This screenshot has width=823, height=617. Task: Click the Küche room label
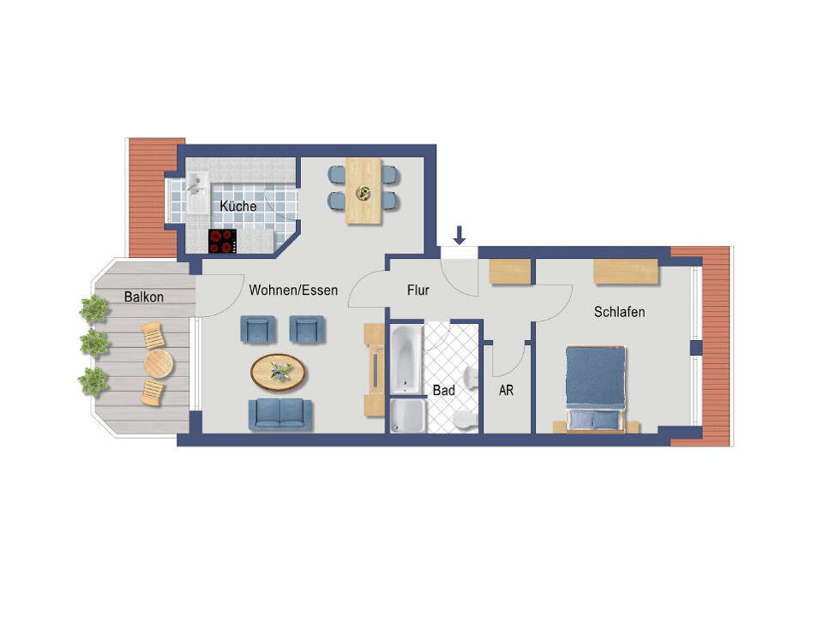tap(237, 207)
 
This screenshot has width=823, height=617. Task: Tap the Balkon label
tap(144, 297)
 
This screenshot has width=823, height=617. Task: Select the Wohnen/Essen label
tap(293, 291)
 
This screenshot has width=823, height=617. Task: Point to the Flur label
tap(418, 291)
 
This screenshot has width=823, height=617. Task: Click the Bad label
tap(443, 391)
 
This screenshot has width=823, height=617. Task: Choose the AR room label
tap(506, 391)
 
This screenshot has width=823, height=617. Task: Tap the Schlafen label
tap(619, 312)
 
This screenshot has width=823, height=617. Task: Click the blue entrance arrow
tap(460, 236)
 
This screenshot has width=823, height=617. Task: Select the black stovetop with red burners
tap(223, 241)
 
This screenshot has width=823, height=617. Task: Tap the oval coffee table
tap(278, 373)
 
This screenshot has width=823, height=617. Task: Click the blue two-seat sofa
tap(280, 415)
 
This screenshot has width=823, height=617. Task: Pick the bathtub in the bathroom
tap(405, 360)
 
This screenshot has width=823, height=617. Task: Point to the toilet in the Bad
tap(464, 420)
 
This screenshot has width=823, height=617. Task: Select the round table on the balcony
tap(159, 363)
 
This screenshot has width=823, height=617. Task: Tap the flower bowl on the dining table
tap(363, 193)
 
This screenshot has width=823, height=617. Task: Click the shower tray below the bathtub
tap(407, 416)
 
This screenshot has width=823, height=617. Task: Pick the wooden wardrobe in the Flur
tap(509, 272)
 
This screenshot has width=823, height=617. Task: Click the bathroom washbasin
tap(471, 378)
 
